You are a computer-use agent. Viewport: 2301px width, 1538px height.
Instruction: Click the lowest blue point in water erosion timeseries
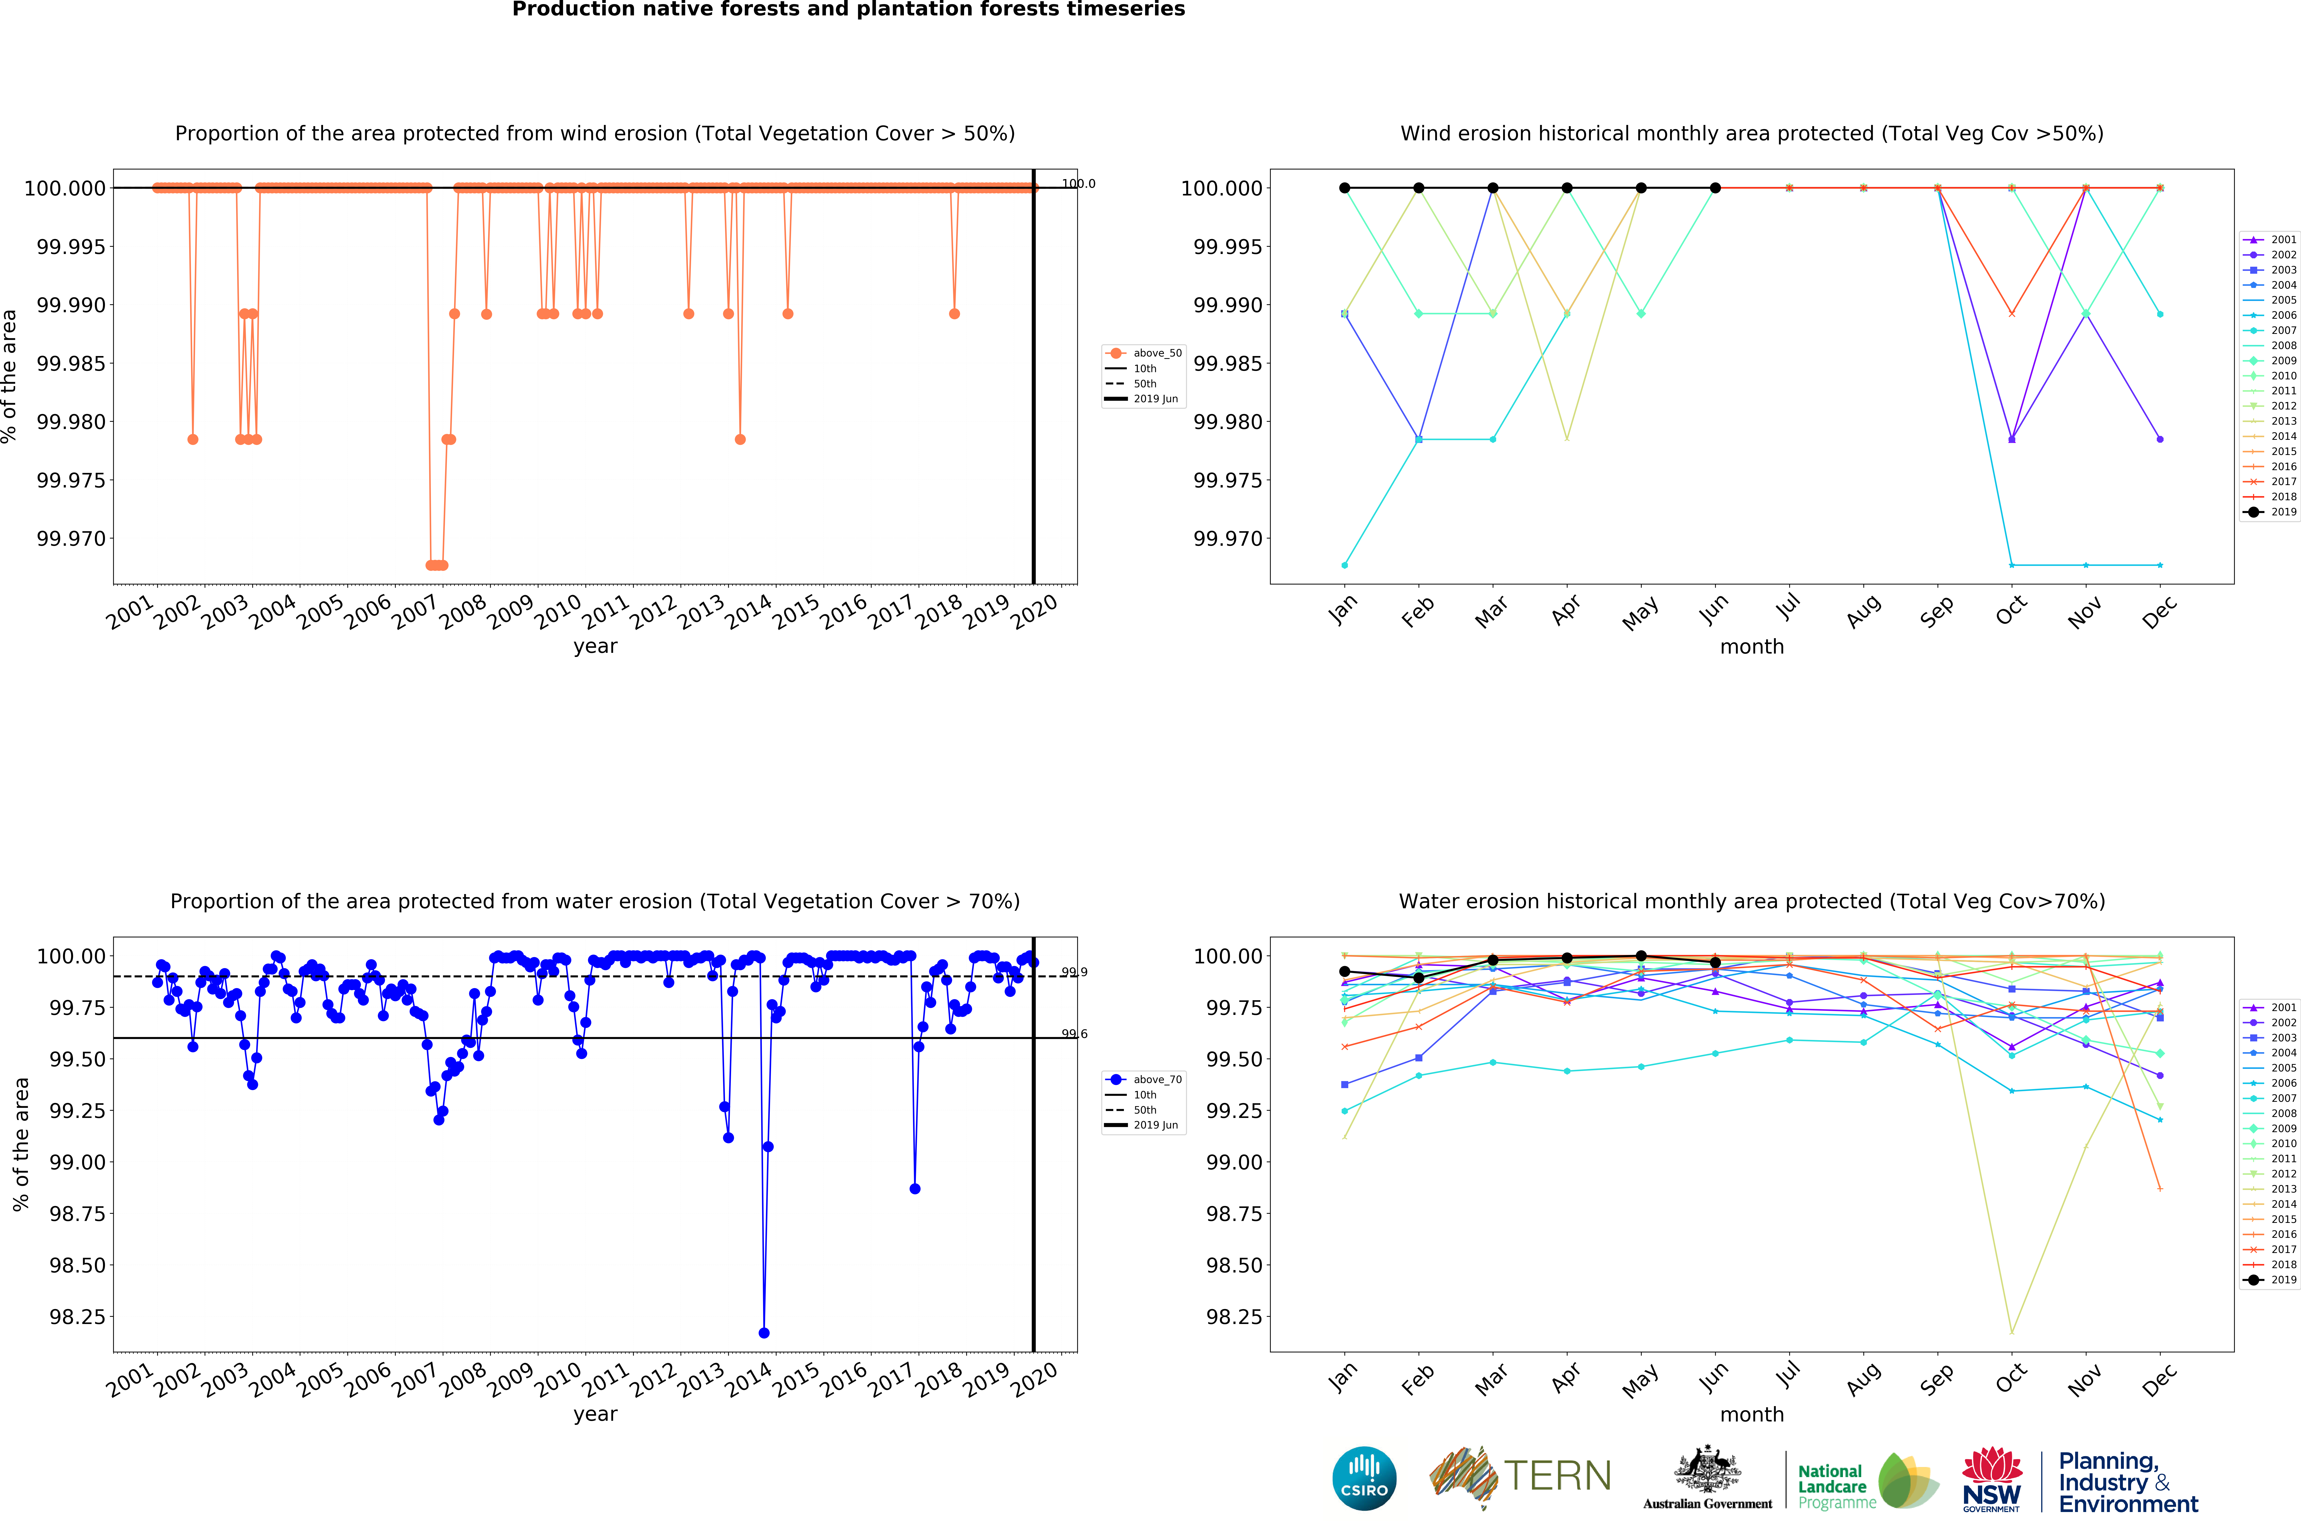coord(764,1333)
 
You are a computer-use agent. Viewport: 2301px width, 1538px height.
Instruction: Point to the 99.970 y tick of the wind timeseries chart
coord(71,539)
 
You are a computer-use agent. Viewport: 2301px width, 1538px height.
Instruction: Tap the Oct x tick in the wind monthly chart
coord(2011,610)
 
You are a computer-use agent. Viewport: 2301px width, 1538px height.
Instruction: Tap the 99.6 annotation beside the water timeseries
coord(1074,1034)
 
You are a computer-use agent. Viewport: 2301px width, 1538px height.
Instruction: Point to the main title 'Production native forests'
coord(849,10)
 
